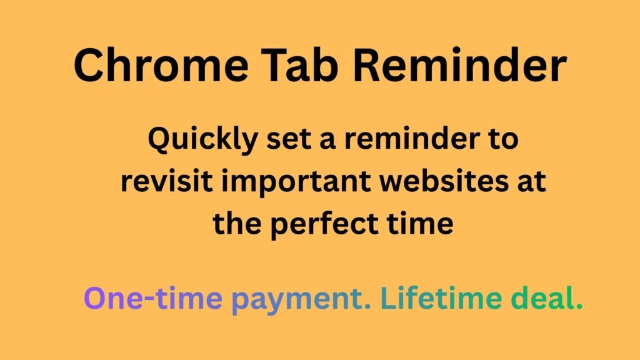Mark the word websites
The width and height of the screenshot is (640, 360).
click(441, 182)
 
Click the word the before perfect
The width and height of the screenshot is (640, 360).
click(238, 224)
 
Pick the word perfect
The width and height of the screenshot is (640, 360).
click(326, 224)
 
